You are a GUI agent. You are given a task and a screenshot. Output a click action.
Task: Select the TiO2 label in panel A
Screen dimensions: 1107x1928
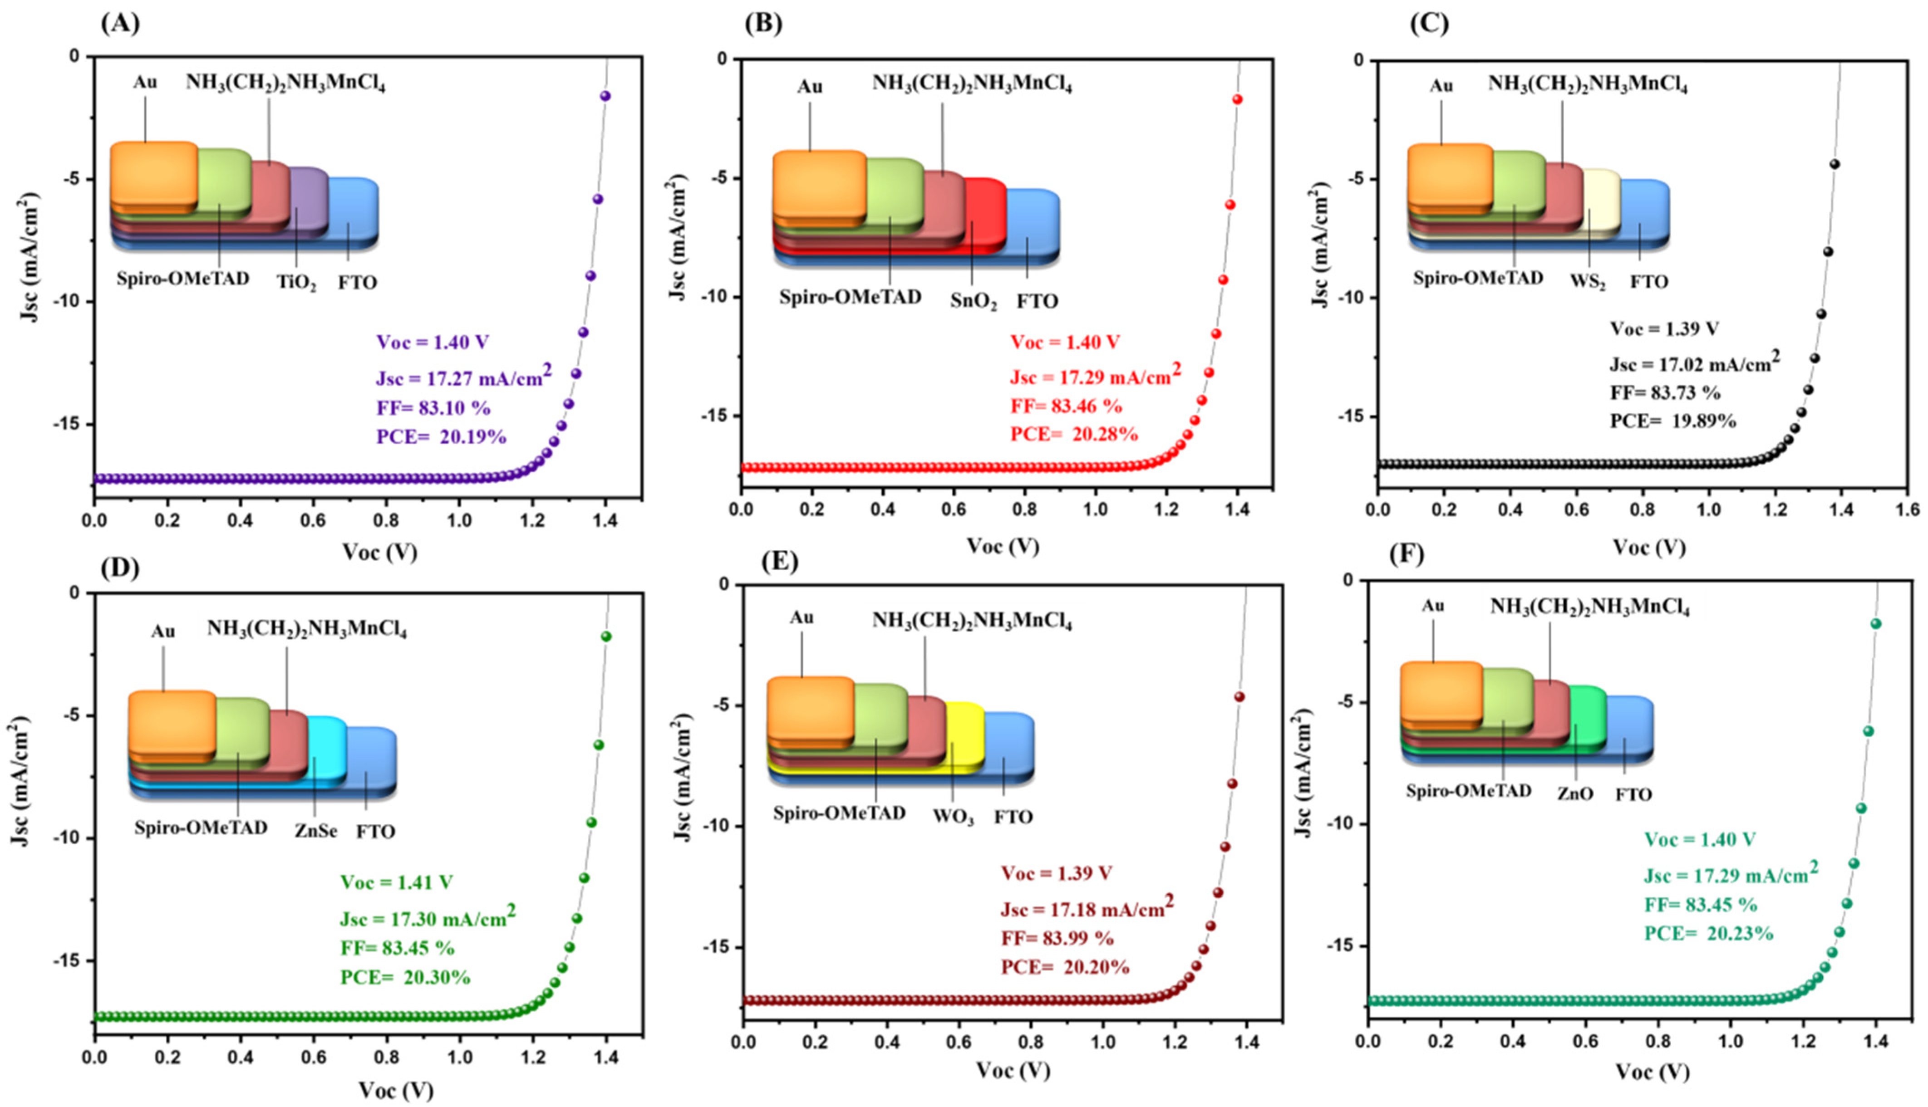(x=296, y=283)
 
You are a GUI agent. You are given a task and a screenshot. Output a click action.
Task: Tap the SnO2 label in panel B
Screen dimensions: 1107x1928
(x=973, y=302)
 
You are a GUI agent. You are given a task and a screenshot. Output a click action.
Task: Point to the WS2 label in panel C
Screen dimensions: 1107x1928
(x=1587, y=282)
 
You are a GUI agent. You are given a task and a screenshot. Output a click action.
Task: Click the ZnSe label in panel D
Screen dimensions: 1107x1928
(x=315, y=831)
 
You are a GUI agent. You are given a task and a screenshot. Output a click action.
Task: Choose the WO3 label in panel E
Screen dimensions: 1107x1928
(x=953, y=818)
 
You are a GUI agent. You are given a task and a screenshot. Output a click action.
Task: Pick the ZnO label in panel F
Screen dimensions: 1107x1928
(x=1574, y=794)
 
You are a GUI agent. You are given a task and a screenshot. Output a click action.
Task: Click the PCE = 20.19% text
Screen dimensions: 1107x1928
(x=441, y=437)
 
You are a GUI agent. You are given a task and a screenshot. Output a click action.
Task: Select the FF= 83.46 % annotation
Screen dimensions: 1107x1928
(x=1066, y=406)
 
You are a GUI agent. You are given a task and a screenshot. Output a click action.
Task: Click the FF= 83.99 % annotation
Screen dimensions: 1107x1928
(x=1057, y=938)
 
